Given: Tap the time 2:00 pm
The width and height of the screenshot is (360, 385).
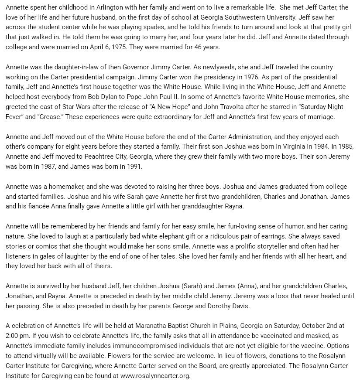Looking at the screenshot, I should pos(17,336).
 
